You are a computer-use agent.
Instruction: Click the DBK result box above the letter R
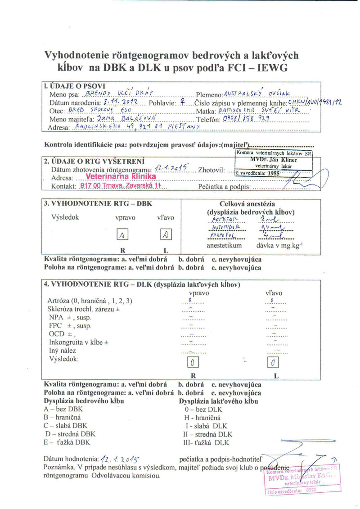tap(122, 234)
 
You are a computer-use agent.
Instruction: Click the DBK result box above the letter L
tap(166, 234)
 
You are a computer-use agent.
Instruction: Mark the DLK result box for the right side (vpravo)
tap(192, 362)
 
